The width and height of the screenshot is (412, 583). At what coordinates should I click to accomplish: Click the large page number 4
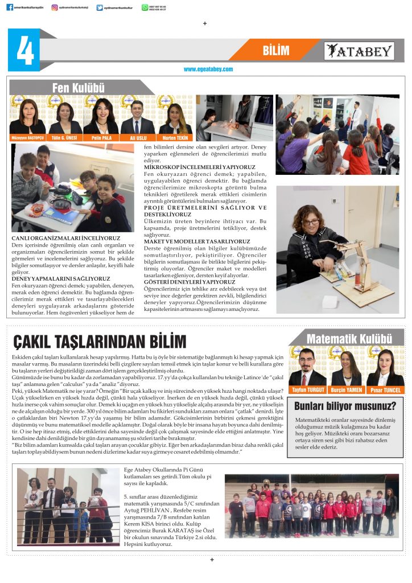pos(24,51)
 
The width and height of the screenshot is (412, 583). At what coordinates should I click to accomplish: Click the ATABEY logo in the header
pos(359,51)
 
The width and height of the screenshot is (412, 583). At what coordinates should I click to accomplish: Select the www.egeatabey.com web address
pos(208,69)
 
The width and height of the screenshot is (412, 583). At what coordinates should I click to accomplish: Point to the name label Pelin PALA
pos(100,137)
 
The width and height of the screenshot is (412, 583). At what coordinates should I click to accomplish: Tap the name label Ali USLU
pos(138,137)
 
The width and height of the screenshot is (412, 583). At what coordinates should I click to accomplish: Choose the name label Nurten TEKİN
pos(175,137)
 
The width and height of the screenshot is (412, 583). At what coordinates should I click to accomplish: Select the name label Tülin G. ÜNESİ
pos(64,137)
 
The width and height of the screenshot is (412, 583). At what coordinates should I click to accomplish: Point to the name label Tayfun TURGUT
pos(307,390)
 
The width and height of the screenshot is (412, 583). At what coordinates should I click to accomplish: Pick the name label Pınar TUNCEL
pos(385,390)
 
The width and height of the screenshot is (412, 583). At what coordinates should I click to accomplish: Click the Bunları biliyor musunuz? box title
pos(345,406)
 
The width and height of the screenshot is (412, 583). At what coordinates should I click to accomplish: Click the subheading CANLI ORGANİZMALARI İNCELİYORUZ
pos(66,237)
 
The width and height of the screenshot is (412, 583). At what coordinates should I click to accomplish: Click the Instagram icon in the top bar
pos(55,7)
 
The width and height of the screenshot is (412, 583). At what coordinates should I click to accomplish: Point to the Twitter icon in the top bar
pos(100,7)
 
